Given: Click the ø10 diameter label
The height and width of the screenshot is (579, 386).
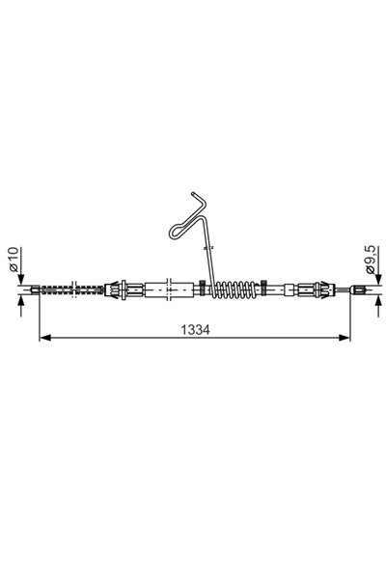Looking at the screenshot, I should point(14,262).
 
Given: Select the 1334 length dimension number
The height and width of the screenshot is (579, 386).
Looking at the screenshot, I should point(194,328).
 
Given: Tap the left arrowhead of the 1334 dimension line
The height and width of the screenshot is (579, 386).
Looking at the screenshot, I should point(44,337).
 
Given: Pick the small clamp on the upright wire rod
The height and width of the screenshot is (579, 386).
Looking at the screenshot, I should point(208,247).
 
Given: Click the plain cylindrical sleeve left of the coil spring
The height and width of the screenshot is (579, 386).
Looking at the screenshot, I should point(158,288).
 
